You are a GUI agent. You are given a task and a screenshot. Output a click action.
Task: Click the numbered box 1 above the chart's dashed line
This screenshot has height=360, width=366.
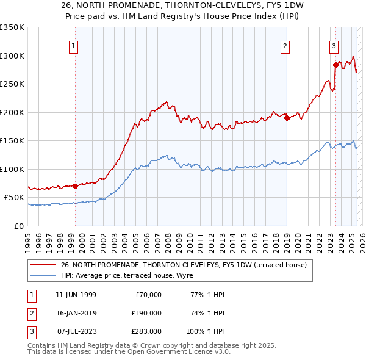73,45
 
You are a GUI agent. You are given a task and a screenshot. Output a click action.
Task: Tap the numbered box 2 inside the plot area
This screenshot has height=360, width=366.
285,45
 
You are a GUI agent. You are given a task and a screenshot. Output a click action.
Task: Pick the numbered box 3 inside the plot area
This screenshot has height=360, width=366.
334,45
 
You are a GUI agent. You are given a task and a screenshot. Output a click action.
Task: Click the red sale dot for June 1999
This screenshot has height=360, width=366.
75,186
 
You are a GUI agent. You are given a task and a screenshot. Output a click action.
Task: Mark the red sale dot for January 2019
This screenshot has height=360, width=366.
287,118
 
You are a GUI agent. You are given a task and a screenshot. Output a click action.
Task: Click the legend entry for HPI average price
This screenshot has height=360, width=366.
127,276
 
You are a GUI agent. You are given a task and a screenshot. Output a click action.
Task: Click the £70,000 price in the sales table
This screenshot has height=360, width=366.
147,295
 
